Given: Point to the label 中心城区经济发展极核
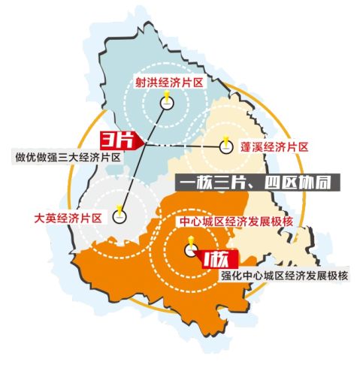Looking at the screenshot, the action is click(x=232, y=222).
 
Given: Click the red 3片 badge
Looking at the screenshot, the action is click(x=115, y=140).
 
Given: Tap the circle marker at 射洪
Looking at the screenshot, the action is click(x=165, y=106).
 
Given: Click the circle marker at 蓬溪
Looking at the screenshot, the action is click(x=225, y=147).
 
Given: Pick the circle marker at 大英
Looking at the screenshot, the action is click(x=119, y=217).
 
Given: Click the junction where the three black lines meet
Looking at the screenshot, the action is click(x=145, y=145).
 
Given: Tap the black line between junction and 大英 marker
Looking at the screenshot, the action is click(x=132, y=180).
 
